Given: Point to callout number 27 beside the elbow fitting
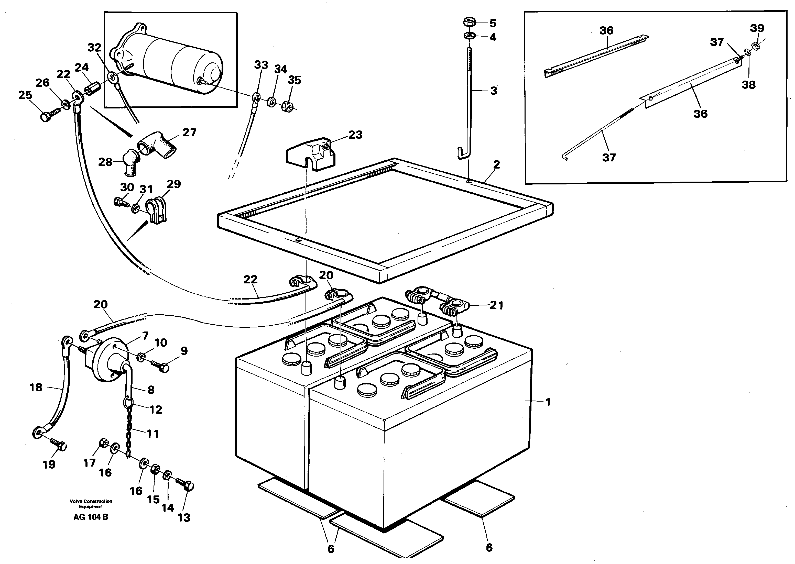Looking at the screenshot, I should pyautogui.click(x=189, y=132).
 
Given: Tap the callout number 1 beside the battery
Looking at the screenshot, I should pyautogui.click(x=548, y=403).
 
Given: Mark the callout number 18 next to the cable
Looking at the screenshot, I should pyautogui.click(x=36, y=387).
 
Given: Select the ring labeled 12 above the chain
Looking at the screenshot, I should pyautogui.click(x=128, y=403).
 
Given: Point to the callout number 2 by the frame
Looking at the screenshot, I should pyautogui.click(x=496, y=165).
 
